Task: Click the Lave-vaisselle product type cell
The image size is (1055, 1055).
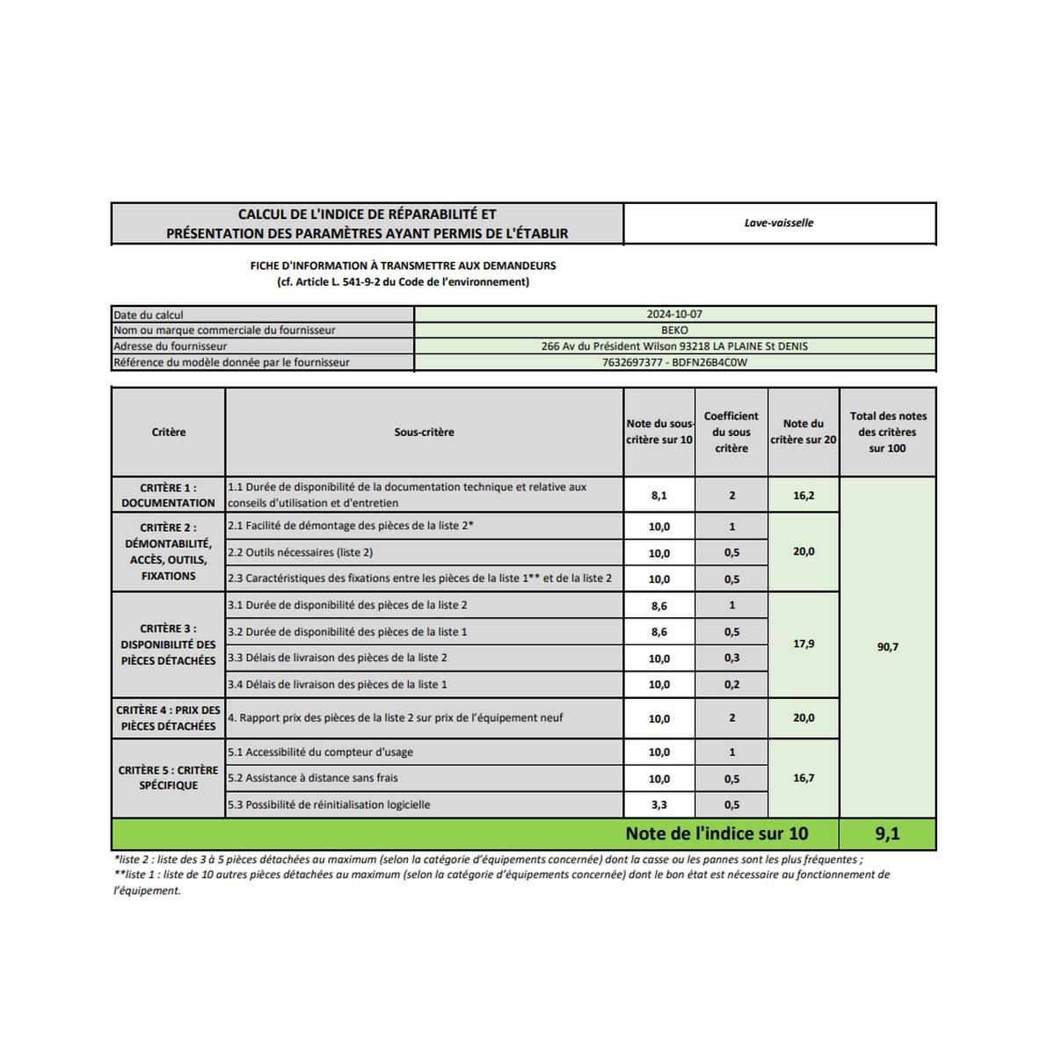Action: pyautogui.click(x=779, y=223)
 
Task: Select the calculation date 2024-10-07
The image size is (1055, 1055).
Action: pyautogui.click(x=674, y=315)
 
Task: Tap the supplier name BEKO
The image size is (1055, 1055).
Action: pyautogui.click(x=674, y=331)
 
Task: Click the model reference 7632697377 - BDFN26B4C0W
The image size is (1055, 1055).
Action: pyautogui.click(x=674, y=362)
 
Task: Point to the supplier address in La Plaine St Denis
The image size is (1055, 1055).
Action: pyautogui.click(x=674, y=346)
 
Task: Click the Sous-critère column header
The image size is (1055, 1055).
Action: pyautogui.click(x=424, y=433)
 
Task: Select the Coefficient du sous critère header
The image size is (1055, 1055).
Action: pyautogui.click(x=731, y=432)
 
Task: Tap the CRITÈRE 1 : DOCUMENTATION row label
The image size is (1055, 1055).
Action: pyautogui.click(x=168, y=495)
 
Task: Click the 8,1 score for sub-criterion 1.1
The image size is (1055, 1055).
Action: pyautogui.click(x=658, y=496)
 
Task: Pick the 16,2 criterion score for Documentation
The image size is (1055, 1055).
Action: pyautogui.click(x=804, y=496)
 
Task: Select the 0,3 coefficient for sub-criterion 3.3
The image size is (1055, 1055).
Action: pyautogui.click(x=731, y=658)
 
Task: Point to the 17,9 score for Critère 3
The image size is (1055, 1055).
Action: pyautogui.click(x=804, y=644)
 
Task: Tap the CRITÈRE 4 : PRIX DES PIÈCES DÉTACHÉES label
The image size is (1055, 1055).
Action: pyautogui.click(x=168, y=718)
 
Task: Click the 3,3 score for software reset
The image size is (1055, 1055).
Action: pyautogui.click(x=658, y=805)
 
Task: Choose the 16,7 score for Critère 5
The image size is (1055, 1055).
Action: pyautogui.click(x=804, y=778)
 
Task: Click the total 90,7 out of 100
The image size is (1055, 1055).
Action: pyautogui.click(x=888, y=647)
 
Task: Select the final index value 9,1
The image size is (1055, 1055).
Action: pyautogui.click(x=888, y=833)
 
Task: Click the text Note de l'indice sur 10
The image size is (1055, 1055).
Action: pyautogui.click(x=717, y=833)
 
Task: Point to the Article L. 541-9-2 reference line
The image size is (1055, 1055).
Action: pyautogui.click(x=403, y=282)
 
